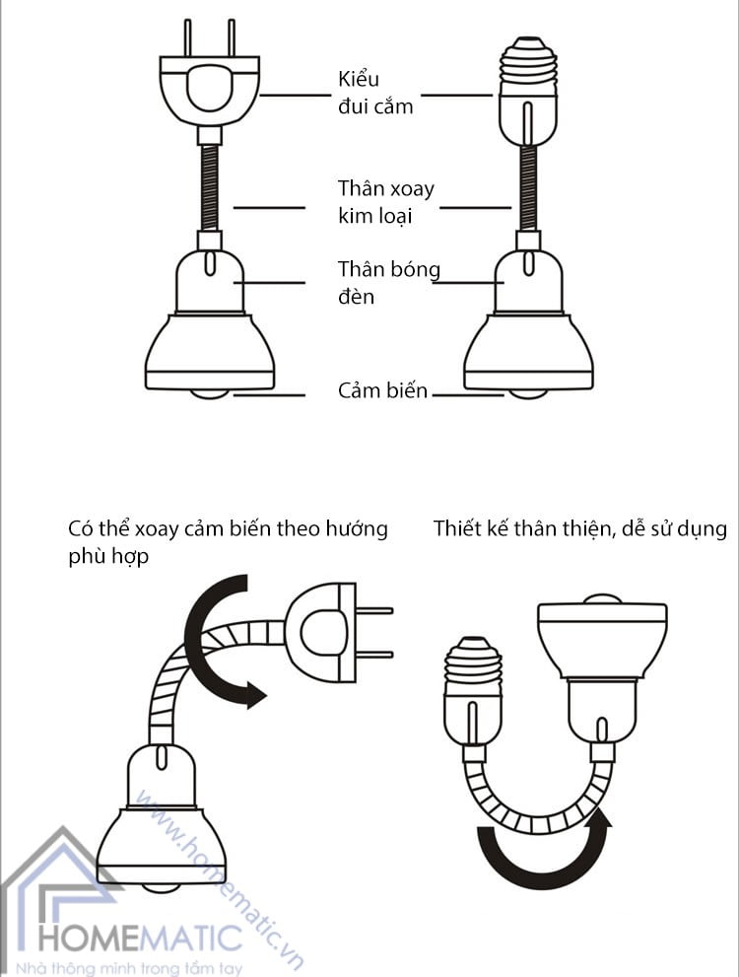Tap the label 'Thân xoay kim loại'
click(385, 201)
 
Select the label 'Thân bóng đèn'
click(388, 282)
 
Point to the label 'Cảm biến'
click(382, 391)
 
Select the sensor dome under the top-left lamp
click(210, 393)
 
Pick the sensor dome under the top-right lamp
click(528, 393)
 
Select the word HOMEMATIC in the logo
click(138, 934)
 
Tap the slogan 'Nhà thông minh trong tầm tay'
click(137, 962)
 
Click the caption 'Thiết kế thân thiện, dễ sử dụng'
click(579, 529)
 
